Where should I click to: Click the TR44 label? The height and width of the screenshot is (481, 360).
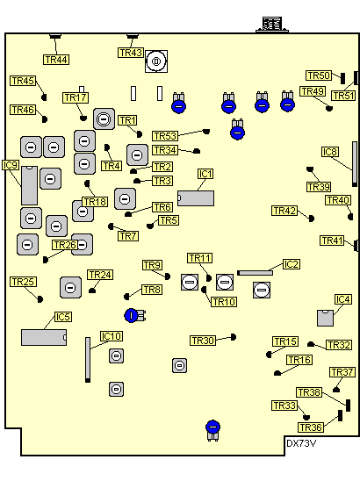point(56,60)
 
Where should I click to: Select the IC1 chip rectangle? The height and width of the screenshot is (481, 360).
point(196,198)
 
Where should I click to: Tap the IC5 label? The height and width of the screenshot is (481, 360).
point(63,317)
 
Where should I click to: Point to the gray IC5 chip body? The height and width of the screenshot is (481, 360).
point(44,337)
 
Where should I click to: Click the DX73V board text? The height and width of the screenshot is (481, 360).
point(301,443)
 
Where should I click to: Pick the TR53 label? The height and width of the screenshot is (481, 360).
point(165,136)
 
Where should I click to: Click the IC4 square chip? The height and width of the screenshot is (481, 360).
point(326,318)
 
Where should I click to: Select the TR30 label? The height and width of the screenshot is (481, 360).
point(203,341)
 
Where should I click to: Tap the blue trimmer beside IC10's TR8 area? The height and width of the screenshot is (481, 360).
point(135,315)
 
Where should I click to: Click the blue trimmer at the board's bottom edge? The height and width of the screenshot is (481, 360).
point(213,430)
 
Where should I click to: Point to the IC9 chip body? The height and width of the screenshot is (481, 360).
point(30,185)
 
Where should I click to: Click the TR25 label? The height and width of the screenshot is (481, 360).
point(24,282)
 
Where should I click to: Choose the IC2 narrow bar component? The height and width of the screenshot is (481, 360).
point(255,273)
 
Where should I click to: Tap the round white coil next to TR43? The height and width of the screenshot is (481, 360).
point(156,61)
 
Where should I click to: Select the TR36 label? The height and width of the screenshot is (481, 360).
point(311,427)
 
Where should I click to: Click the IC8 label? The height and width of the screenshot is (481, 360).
point(330,152)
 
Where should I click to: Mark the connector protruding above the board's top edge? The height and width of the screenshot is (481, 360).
point(272,25)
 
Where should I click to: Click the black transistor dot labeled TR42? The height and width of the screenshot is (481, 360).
point(312,219)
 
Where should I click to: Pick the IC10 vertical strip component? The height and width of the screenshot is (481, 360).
point(88,360)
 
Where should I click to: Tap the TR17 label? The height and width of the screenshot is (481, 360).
point(76,97)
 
